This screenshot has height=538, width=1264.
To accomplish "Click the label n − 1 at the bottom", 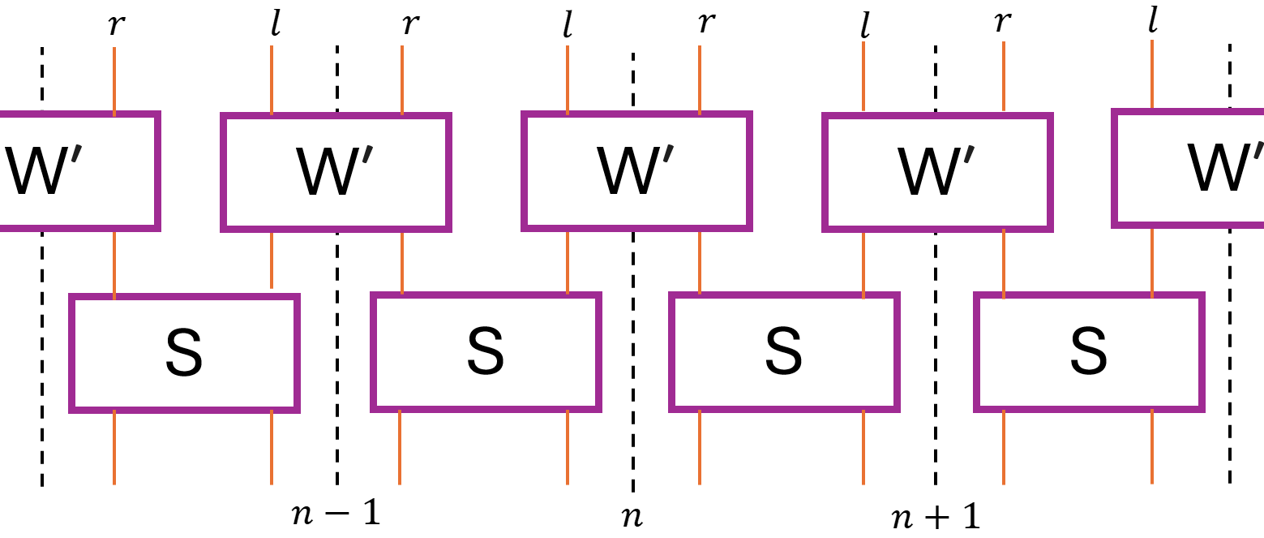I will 336,514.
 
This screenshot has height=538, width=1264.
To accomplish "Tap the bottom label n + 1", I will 936,516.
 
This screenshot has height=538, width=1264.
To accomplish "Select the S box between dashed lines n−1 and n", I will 486,351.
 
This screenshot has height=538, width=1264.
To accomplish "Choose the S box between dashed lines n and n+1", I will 784,351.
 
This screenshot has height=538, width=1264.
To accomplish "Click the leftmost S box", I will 185,352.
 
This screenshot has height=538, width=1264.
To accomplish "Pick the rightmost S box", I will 1089,351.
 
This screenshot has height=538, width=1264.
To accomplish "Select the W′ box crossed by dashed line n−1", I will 336,172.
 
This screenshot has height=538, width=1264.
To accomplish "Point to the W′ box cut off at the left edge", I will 78,170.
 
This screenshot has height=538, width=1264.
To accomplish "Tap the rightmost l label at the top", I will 1152,21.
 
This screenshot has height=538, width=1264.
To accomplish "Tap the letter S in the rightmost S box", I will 1089,352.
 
